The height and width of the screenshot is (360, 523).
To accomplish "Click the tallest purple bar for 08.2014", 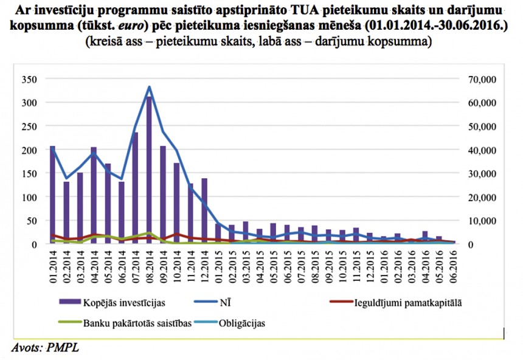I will (149, 170).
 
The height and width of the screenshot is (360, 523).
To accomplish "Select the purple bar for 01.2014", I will (53, 195).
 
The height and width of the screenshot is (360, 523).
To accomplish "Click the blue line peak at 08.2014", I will (149, 87).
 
